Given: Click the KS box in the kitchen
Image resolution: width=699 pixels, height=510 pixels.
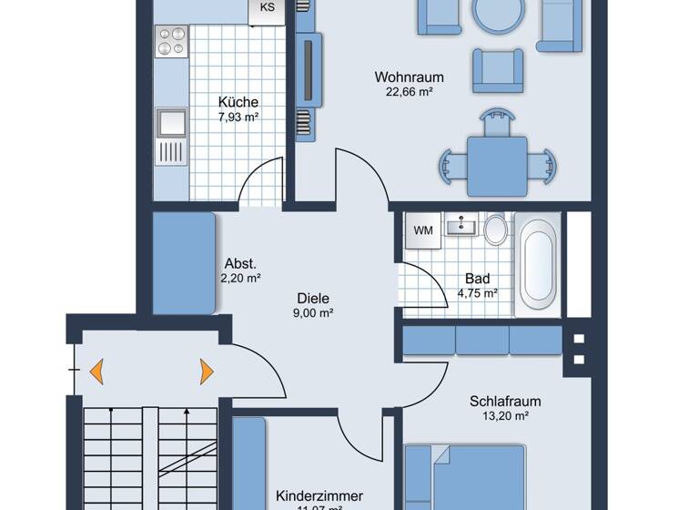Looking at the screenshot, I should [267, 9].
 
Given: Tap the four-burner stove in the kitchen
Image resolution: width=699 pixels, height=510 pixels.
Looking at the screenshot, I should [170, 42].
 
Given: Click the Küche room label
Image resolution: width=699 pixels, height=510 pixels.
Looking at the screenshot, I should [238, 102].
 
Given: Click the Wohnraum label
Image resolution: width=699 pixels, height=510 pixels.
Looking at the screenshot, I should [402, 77].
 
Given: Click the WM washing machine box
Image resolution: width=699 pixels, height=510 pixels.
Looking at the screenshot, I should [423, 230].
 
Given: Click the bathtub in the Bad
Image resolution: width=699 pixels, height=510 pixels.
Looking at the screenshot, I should [538, 265].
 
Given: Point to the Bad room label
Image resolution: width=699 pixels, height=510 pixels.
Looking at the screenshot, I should [477, 279].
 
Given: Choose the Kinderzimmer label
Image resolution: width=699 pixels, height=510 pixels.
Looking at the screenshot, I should [319, 495].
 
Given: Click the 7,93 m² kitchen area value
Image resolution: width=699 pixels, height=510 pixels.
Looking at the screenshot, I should [238, 117].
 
